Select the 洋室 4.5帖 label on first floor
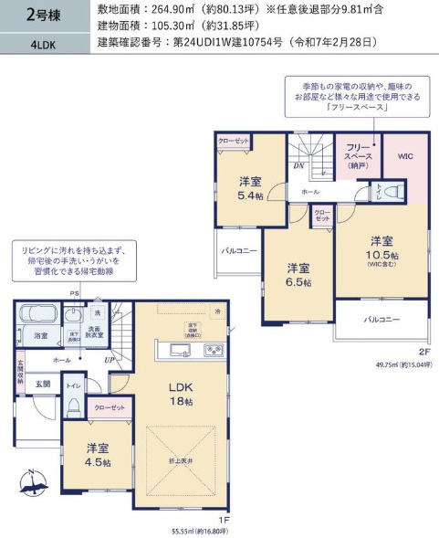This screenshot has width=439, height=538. pos(98,455)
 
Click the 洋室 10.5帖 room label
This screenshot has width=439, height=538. pos(382,247)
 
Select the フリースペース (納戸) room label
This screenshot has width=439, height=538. pos(358,156)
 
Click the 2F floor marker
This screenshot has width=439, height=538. pos(423,351)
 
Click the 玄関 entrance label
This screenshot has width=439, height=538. pos(42,385)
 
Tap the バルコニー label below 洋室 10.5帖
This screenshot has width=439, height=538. pos(382,320)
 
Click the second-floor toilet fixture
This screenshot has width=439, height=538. pos(391,193)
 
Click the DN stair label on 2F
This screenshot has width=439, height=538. pos(298,166)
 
